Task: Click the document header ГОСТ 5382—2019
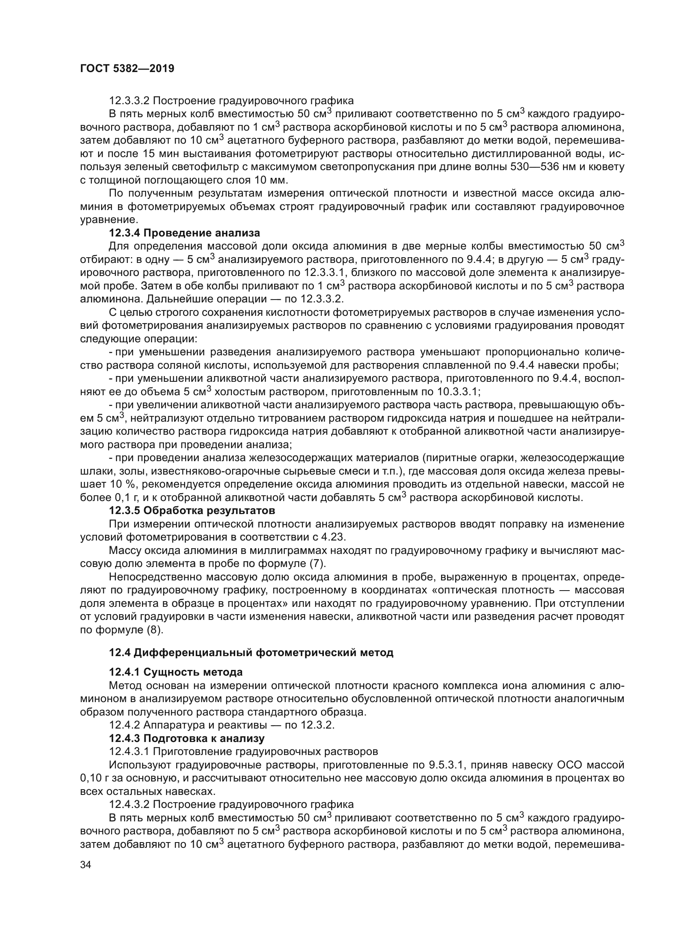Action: [x=127, y=68]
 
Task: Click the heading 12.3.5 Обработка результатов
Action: [x=192, y=510]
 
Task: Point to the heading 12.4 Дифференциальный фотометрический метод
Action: [x=251, y=652]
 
